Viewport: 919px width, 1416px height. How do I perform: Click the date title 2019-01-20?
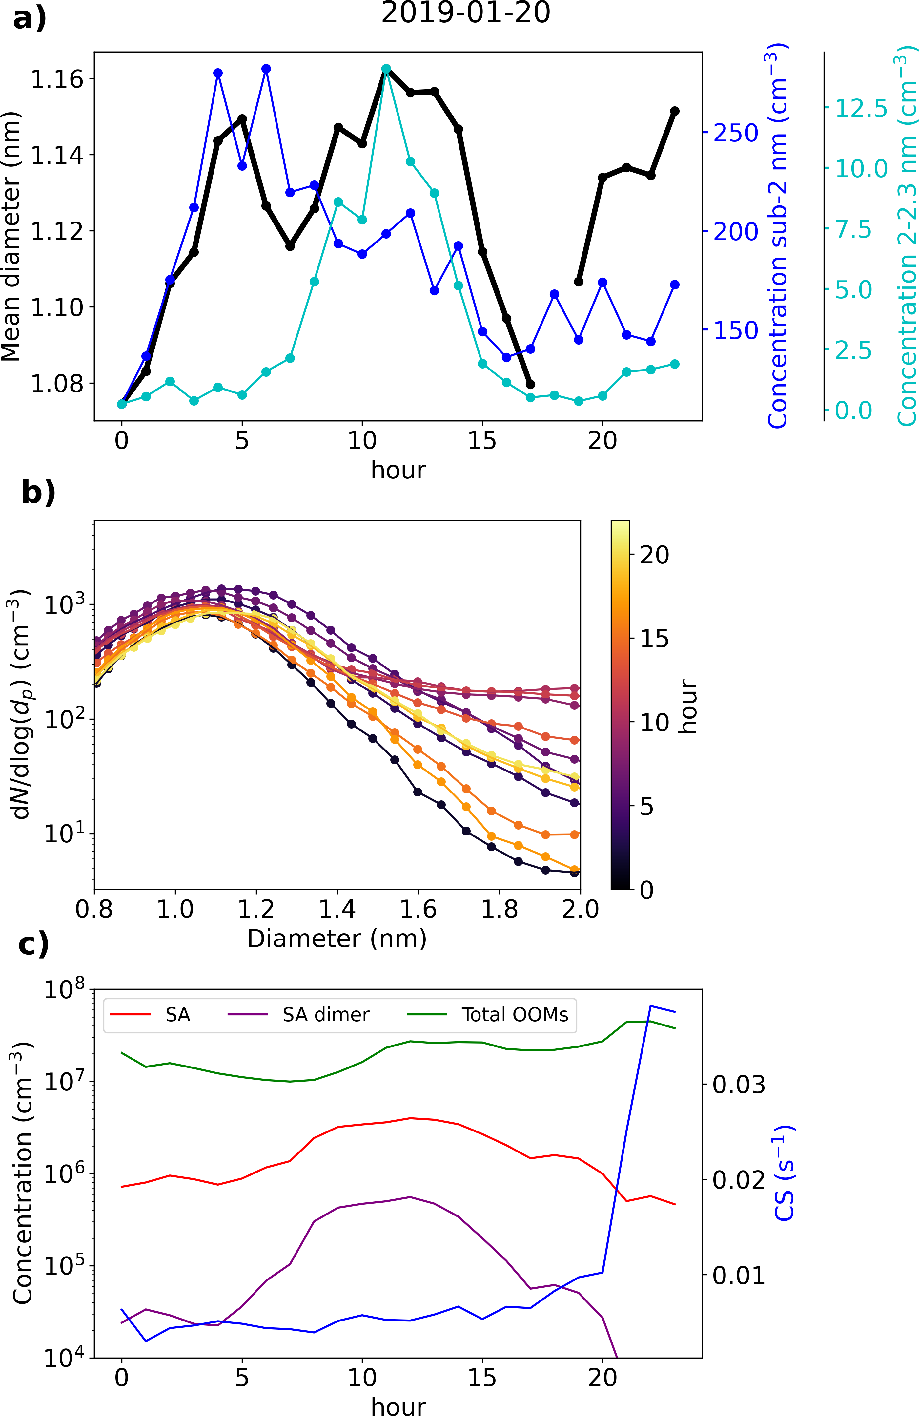(466, 13)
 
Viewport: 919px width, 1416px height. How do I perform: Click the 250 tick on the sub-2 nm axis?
(736, 133)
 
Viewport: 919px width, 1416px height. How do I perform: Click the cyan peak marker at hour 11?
(386, 69)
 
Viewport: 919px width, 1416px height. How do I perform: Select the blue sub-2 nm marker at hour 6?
(266, 69)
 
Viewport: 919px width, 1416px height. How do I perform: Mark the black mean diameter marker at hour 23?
(675, 111)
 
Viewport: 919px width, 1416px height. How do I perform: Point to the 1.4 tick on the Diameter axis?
(337, 909)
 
